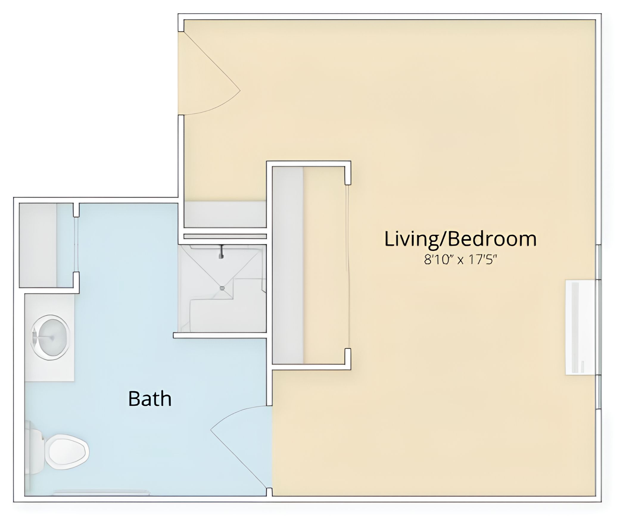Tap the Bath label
tap(150, 399)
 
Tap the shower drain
tap(222, 288)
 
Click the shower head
tap(221, 251)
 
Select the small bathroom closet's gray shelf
tap(38, 245)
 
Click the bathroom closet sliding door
tap(76, 244)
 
